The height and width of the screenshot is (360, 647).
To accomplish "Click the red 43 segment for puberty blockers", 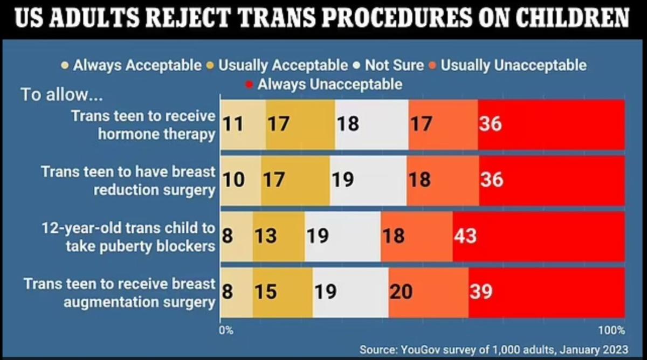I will pyautogui.click(x=538, y=236).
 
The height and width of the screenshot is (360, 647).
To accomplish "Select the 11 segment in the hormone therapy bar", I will pyautogui.click(x=243, y=124).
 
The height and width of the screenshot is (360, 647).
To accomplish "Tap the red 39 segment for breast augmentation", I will pyautogui.click(x=546, y=292).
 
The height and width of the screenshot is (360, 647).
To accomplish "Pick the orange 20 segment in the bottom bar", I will pyautogui.click(x=429, y=292).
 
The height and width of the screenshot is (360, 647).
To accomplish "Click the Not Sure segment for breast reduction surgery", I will pyautogui.click(x=368, y=180).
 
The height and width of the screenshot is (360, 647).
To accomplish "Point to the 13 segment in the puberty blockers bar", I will pyautogui.click(x=278, y=236).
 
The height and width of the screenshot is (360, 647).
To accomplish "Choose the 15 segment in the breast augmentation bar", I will pyautogui.click(x=283, y=292).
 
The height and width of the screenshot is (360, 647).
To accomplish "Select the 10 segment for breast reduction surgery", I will pyautogui.click(x=240, y=180).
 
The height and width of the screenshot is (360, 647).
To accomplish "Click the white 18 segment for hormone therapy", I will pyautogui.click(x=371, y=124).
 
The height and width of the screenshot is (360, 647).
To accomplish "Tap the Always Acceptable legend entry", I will pyautogui.click(x=132, y=66).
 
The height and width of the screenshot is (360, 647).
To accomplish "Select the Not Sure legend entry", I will pyautogui.click(x=388, y=66).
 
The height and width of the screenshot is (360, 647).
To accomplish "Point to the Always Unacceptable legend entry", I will pyautogui.click(x=323, y=84).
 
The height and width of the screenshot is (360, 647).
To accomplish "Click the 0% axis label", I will pyautogui.click(x=226, y=330).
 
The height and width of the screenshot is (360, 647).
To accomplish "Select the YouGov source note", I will pyautogui.click(x=493, y=349).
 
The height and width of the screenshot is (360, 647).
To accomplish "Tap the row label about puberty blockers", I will pyautogui.click(x=129, y=236).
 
